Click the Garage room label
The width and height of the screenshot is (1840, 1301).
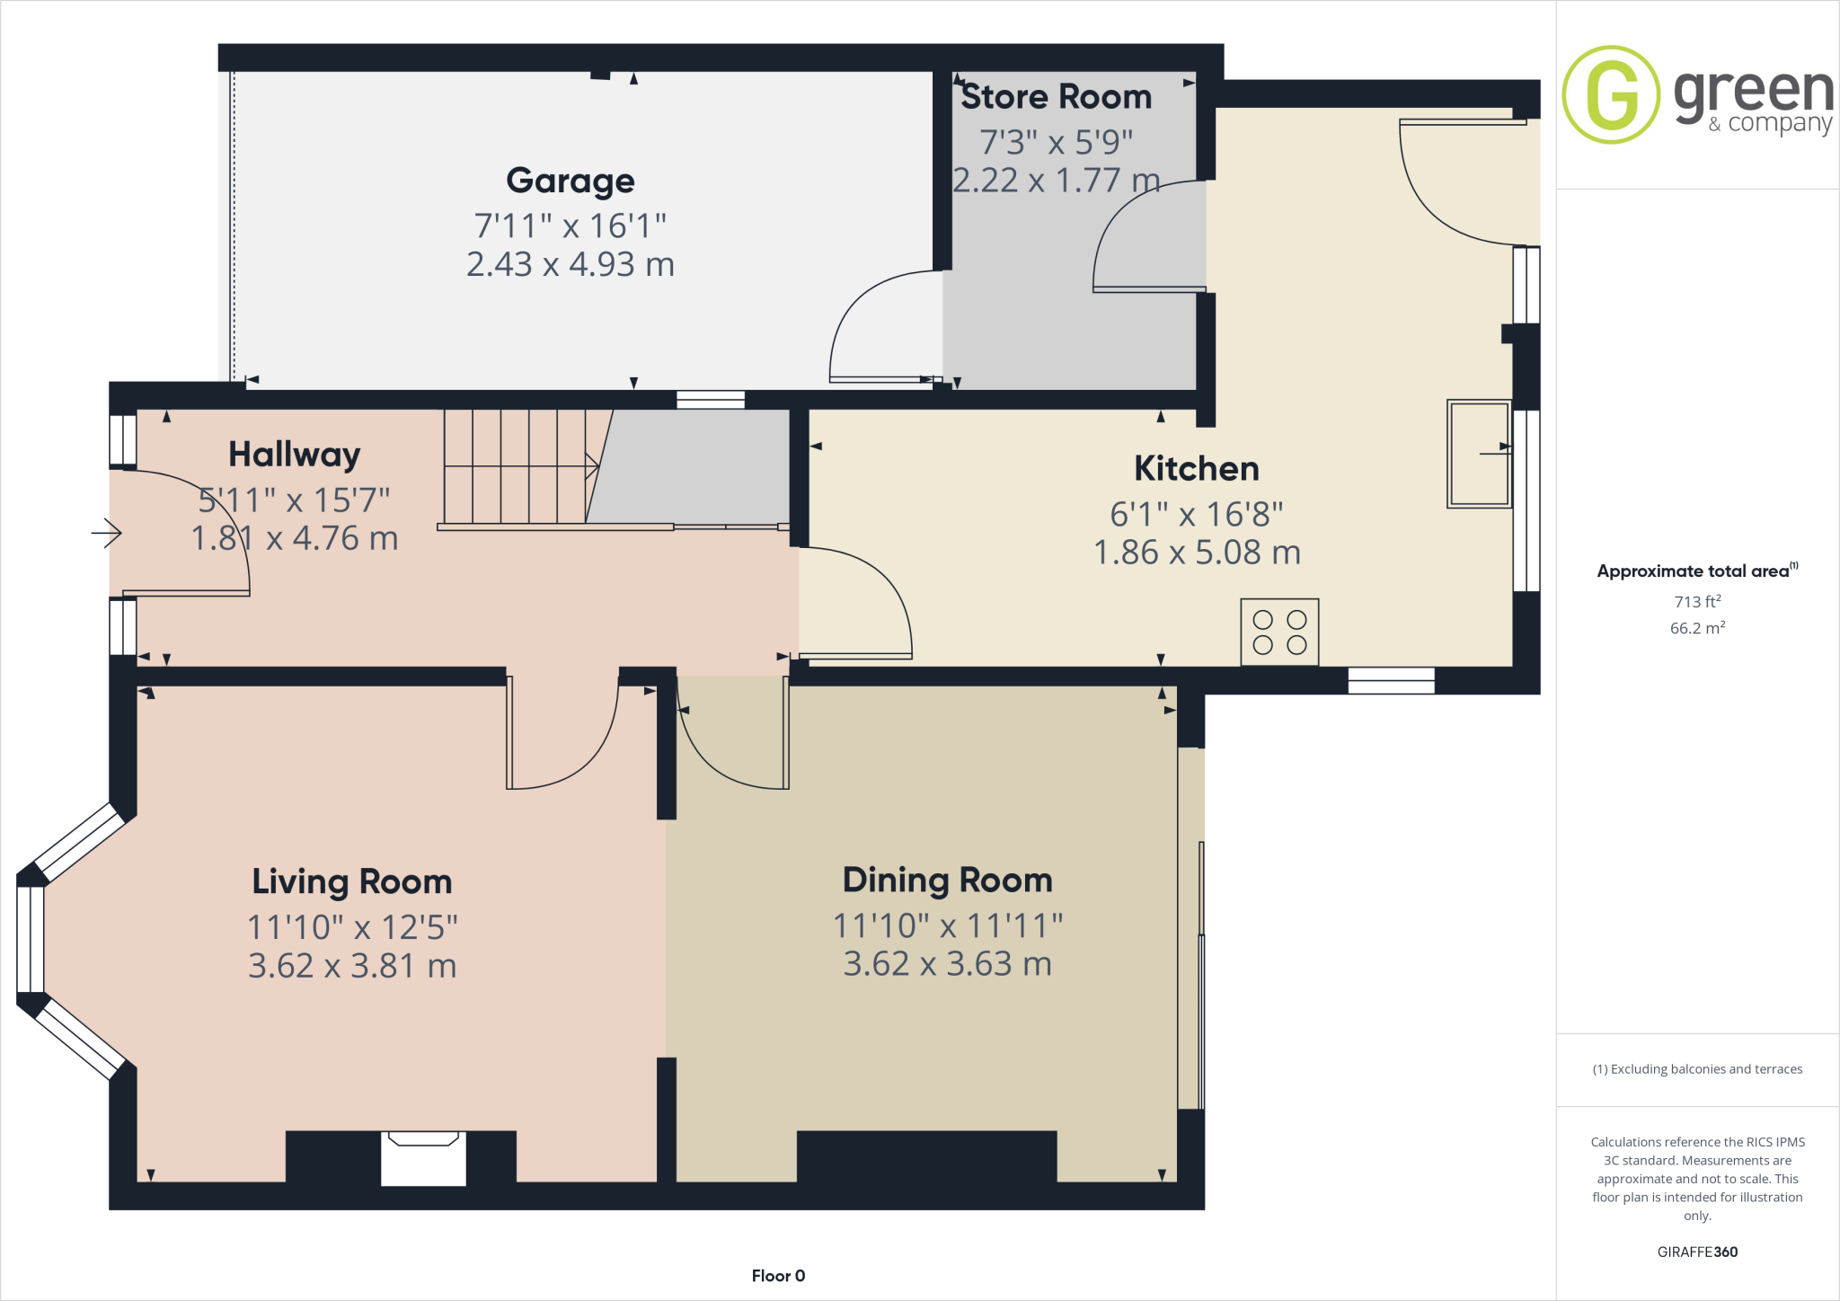pos(571,181)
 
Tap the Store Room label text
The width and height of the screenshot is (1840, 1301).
pos(1056,97)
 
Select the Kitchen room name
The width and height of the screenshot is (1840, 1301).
pos(1196,469)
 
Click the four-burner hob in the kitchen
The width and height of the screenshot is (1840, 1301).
pos(1279,632)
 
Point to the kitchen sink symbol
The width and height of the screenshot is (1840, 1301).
pos(1479,454)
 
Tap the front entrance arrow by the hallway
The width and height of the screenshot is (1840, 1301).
pos(106,533)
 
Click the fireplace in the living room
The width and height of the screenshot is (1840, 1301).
pos(423,1158)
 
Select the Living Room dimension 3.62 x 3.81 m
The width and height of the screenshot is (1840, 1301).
pos(352,966)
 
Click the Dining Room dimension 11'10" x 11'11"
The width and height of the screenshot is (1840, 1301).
pos(948,925)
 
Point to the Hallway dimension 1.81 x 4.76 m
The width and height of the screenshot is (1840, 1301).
pos(295,538)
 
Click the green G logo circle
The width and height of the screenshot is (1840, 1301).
pos(1611,94)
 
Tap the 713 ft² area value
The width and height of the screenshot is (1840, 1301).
pos(1696,601)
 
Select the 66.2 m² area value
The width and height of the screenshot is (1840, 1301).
pos(1696,628)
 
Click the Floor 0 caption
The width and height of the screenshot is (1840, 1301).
pos(778,1276)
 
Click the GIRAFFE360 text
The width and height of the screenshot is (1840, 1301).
pos(1697,1252)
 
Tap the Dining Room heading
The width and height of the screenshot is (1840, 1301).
pos(947,880)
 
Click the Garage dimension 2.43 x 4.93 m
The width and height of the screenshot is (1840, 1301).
pos(571,264)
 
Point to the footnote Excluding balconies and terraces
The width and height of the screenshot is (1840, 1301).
pos(1697,1069)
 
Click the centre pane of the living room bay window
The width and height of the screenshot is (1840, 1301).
pos(31,939)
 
